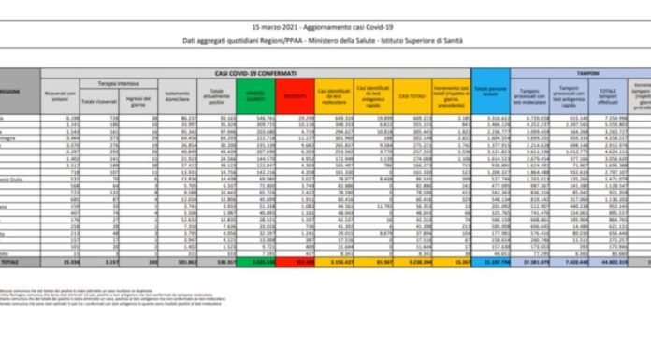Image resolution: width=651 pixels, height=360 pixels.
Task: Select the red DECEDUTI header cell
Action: pos(297,95)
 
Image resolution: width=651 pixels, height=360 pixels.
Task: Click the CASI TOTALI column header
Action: pos(412,95)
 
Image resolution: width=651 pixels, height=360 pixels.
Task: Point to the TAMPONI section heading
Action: pos(586,72)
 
